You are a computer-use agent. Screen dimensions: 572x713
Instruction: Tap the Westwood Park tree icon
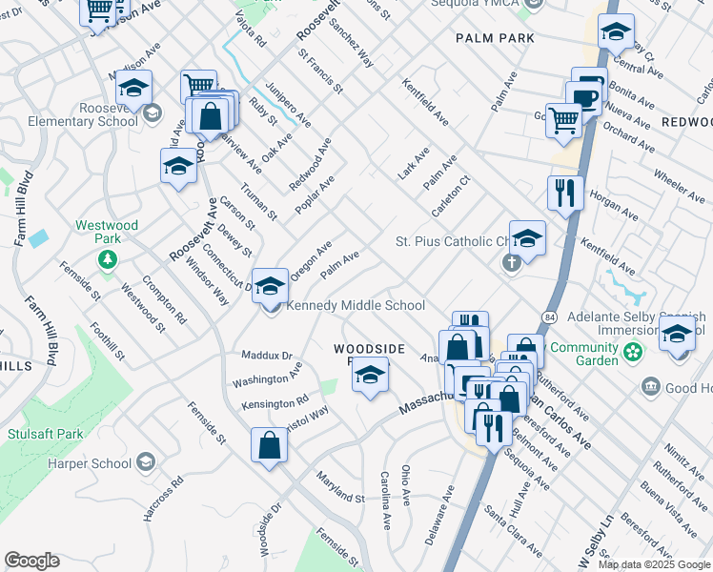click(x=109, y=259)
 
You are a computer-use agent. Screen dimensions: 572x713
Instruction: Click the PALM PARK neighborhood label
click(x=495, y=38)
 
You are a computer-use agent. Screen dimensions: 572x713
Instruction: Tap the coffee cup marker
click(x=582, y=97)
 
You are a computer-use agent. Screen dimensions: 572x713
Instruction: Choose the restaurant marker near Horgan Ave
click(x=565, y=194)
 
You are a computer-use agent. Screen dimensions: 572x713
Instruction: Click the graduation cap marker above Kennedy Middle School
click(x=271, y=285)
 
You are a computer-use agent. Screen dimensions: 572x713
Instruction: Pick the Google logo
click(x=32, y=561)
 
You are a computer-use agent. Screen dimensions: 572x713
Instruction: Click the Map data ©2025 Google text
click(x=653, y=564)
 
